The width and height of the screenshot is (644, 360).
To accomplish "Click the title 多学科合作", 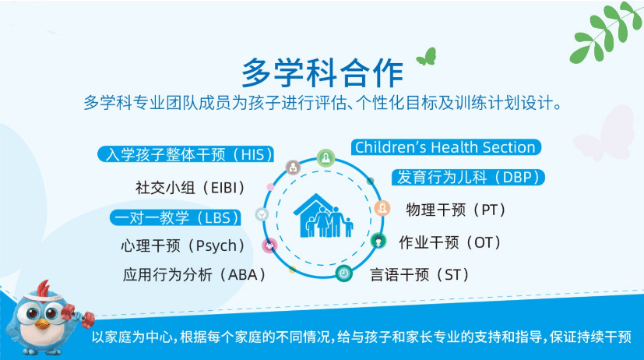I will [x=322, y=72].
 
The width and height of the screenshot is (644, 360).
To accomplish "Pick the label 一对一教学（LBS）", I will [x=176, y=217].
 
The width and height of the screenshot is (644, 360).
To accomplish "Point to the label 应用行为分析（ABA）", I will [x=195, y=274].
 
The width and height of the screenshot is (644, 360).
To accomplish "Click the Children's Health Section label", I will [x=445, y=147].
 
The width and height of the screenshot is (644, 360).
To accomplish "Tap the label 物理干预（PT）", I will [x=456, y=210].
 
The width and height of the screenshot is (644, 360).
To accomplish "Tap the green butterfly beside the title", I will [x=425, y=56].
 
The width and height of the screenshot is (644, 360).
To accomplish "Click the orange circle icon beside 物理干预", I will [x=382, y=208].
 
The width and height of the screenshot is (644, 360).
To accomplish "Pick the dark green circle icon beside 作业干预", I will [x=378, y=240].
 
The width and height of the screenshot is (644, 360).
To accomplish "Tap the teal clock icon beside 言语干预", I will [x=343, y=273].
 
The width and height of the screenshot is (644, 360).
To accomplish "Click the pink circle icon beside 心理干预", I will [x=269, y=245].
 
